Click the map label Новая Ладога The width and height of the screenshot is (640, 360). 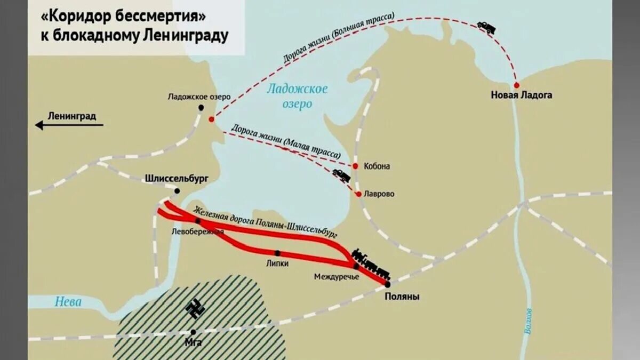click(522, 95)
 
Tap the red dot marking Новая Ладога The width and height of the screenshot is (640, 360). click(516, 85)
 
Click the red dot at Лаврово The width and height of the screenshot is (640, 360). click(359, 194)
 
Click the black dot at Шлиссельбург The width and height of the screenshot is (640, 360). click(177, 191)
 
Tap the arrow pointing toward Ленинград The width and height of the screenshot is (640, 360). click(69, 125)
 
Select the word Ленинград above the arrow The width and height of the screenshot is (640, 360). click(72, 116)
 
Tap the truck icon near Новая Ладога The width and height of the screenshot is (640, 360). click(486, 27)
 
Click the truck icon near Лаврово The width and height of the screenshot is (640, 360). click(341, 175)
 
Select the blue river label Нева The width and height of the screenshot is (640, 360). click(68, 302)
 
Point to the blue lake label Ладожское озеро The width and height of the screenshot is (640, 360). click(298, 97)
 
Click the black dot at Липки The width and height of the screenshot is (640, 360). click(277, 253)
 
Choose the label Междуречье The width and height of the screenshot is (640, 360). click(337, 277)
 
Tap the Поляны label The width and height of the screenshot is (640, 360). click(402, 297)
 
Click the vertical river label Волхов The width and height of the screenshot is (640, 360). click(528, 320)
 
